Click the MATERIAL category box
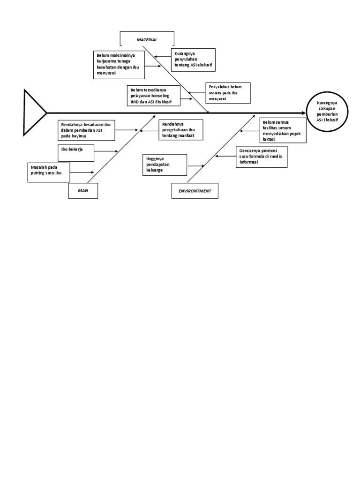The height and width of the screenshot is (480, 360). click(147, 40)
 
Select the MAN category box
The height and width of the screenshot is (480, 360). click(83, 191)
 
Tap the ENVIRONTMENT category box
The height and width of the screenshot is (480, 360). click(195, 191)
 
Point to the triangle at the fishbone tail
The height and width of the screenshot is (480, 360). click(33, 112)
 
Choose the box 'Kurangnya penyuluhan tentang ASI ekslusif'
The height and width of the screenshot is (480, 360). click(193, 60)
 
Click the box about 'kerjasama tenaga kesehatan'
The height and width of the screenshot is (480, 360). click(118, 64)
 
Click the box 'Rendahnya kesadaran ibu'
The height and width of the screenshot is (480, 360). click(88, 130)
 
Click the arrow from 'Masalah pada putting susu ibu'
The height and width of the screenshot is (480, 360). click(82, 172)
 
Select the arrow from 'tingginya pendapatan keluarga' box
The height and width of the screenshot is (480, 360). click(195, 166)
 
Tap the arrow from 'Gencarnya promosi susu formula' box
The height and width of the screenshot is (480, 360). click(225, 157)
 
